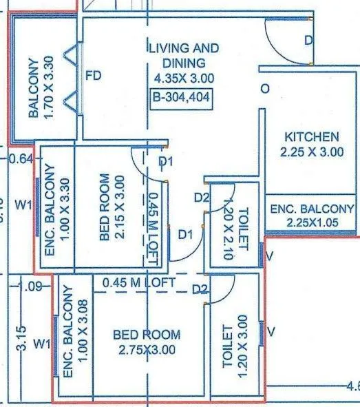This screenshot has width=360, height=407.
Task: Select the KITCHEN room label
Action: (x=312, y=136)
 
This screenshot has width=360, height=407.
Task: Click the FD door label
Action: (x=93, y=76)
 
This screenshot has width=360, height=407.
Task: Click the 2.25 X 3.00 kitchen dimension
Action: (x=313, y=152)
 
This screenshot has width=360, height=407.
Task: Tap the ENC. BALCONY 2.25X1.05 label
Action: (x=312, y=215)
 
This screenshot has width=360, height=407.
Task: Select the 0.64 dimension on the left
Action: (x=22, y=159)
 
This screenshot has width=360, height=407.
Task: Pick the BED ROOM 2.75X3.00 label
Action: (x=146, y=342)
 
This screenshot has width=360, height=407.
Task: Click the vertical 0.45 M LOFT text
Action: (x=153, y=222)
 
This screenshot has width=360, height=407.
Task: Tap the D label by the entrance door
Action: (x=308, y=41)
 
